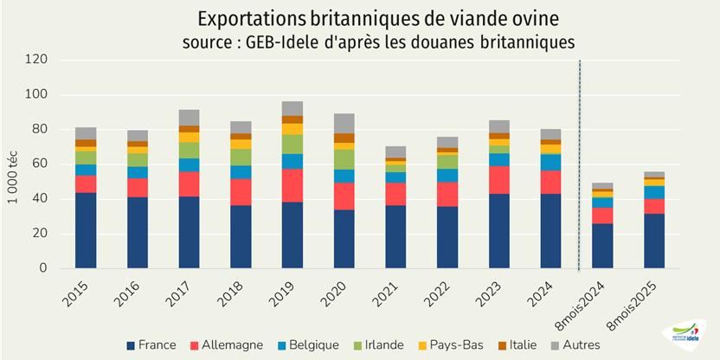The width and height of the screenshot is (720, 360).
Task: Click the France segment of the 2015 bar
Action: point(86,230)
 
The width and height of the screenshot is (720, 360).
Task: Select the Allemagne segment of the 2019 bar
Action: point(292,185)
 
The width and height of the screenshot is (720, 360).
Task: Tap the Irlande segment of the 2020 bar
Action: point(344,159)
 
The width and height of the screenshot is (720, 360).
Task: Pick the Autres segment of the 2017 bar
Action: point(190,118)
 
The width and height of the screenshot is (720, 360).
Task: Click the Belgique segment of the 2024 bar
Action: point(551,162)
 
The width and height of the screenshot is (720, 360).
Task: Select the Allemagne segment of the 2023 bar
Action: point(499,179)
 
